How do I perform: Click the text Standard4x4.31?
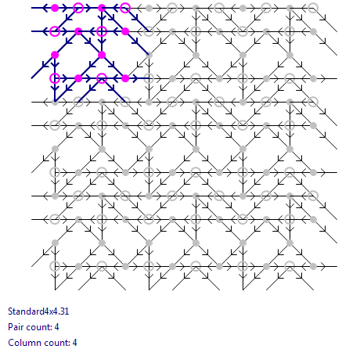(x=38, y=311)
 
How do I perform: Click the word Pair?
(x=16, y=327)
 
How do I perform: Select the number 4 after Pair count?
(x=57, y=327)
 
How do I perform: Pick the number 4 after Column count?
(x=75, y=343)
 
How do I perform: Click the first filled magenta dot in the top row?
(x=55, y=8)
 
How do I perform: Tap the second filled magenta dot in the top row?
(x=102, y=8)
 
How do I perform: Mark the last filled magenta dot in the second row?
(x=125, y=31)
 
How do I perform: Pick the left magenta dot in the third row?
(x=55, y=55)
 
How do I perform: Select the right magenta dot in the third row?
(x=102, y=55)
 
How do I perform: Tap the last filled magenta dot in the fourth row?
(x=125, y=78)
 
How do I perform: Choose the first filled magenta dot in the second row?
(x=78, y=31)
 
